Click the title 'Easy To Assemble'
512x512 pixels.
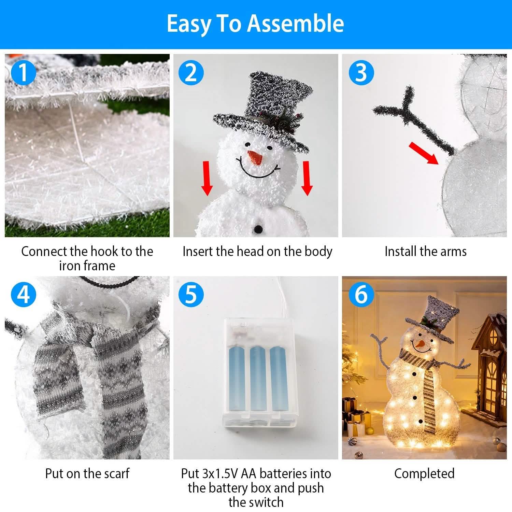pyautogui.click(x=255, y=23)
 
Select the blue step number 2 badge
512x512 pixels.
pyautogui.click(x=191, y=72)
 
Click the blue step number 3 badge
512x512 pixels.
pyautogui.click(x=361, y=72)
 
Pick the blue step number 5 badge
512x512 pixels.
pyautogui.click(x=191, y=294)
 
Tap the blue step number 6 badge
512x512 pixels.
pyautogui.click(x=361, y=294)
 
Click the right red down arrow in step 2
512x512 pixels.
pyautogui.click(x=307, y=178)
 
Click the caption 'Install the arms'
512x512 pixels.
pyautogui.click(x=425, y=252)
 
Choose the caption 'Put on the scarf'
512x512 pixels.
pyautogui.click(x=87, y=473)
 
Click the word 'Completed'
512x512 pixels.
pyautogui.click(x=424, y=473)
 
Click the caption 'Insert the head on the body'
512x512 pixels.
pyautogui.click(x=257, y=252)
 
